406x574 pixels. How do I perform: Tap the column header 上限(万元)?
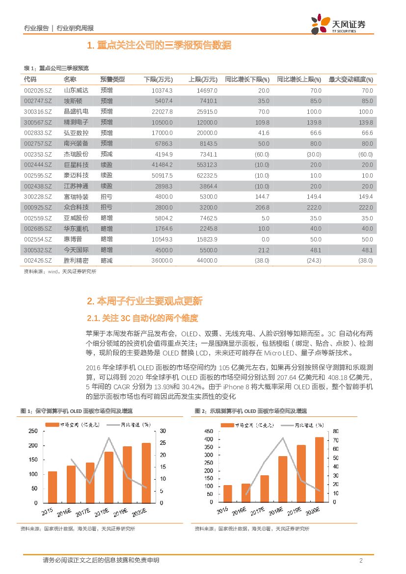(203, 80)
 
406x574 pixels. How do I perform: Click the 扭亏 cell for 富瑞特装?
(107, 197)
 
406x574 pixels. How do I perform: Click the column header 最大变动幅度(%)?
(351, 80)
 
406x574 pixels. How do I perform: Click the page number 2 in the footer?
(361, 561)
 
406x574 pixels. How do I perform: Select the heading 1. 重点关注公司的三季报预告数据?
(159, 46)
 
